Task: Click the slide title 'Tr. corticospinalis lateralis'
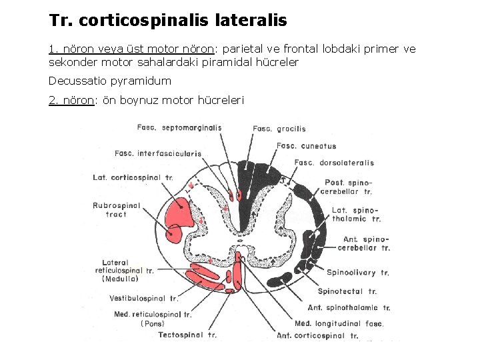168,21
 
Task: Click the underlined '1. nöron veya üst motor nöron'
131,49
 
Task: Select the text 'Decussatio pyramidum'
110,81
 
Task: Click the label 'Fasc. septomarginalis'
179,127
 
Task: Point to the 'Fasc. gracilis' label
279,129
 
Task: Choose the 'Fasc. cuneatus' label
306,146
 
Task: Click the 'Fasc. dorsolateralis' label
334,163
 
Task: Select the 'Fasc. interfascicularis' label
158,153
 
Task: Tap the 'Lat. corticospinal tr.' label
133,177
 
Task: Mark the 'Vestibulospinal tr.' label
144,299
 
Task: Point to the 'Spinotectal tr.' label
347,291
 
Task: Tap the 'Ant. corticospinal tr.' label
317,335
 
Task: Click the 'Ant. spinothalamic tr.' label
349,308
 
